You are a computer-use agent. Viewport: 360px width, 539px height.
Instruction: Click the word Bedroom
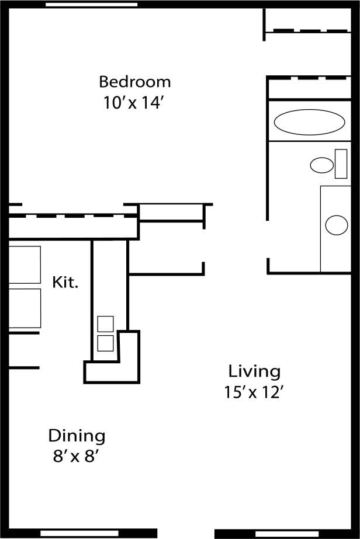click(x=134, y=81)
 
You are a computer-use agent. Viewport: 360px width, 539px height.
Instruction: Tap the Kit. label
click(x=65, y=283)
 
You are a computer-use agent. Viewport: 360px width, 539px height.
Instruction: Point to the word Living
click(x=254, y=371)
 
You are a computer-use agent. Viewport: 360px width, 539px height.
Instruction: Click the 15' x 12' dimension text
click(x=254, y=392)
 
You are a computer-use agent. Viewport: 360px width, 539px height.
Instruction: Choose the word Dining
click(x=77, y=436)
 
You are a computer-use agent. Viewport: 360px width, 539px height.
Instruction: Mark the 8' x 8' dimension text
click(x=77, y=456)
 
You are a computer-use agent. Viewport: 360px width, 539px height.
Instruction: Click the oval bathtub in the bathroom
click(x=309, y=123)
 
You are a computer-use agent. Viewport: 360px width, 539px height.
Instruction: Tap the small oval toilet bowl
click(x=321, y=165)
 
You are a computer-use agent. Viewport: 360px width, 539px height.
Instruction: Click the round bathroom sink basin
click(x=337, y=225)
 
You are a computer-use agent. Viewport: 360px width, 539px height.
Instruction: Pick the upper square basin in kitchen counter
click(x=105, y=324)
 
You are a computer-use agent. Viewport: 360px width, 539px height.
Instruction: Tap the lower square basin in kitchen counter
click(x=105, y=343)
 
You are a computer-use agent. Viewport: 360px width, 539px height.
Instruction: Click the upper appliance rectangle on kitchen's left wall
click(x=25, y=265)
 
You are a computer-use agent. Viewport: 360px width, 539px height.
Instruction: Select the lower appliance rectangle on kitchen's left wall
click(x=25, y=308)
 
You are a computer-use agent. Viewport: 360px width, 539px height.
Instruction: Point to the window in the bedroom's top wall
click(x=92, y=4)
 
